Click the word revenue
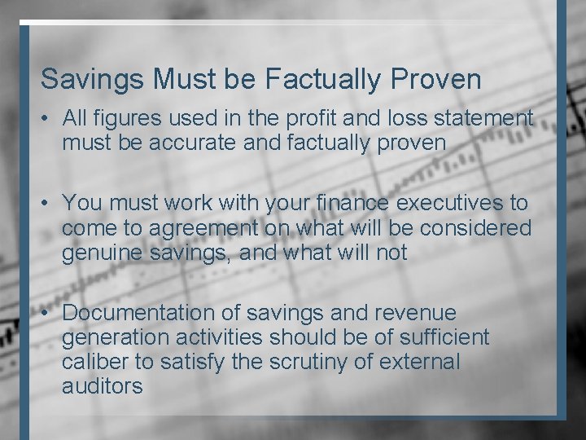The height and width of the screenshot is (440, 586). (x=415, y=313)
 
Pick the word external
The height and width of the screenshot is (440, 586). (x=423, y=361)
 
